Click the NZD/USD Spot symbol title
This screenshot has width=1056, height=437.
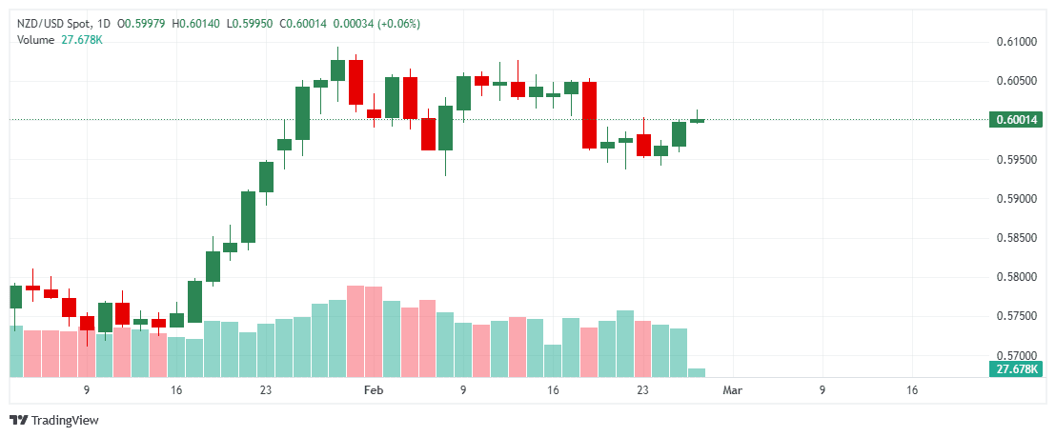(x=52, y=23)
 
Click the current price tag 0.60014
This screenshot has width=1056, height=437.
(x=1016, y=120)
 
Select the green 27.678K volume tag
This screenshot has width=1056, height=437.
(x=1016, y=369)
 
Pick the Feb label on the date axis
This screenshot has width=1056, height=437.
(x=374, y=390)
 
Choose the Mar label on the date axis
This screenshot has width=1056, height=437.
(x=732, y=390)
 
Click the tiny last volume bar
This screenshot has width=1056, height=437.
(x=697, y=372)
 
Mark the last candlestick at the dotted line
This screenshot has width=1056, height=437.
(x=697, y=120)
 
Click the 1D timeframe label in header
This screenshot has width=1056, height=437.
(x=104, y=23)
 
